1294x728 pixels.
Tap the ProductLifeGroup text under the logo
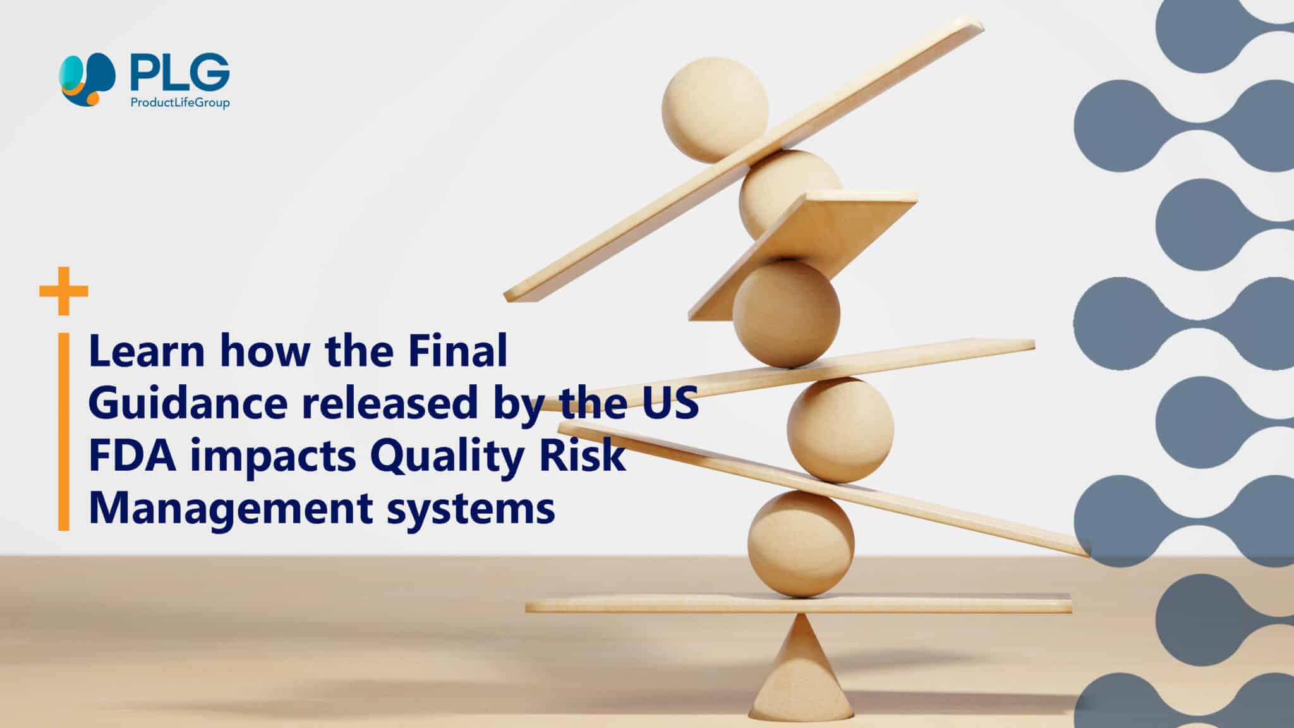tap(179, 102)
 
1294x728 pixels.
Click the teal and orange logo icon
tap(88, 79)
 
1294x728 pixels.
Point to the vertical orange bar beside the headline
tap(63, 432)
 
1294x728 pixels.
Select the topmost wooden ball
tap(715, 109)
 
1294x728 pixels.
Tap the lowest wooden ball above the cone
tap(801, 544)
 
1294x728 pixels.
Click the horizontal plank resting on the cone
tap(799, 605)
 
